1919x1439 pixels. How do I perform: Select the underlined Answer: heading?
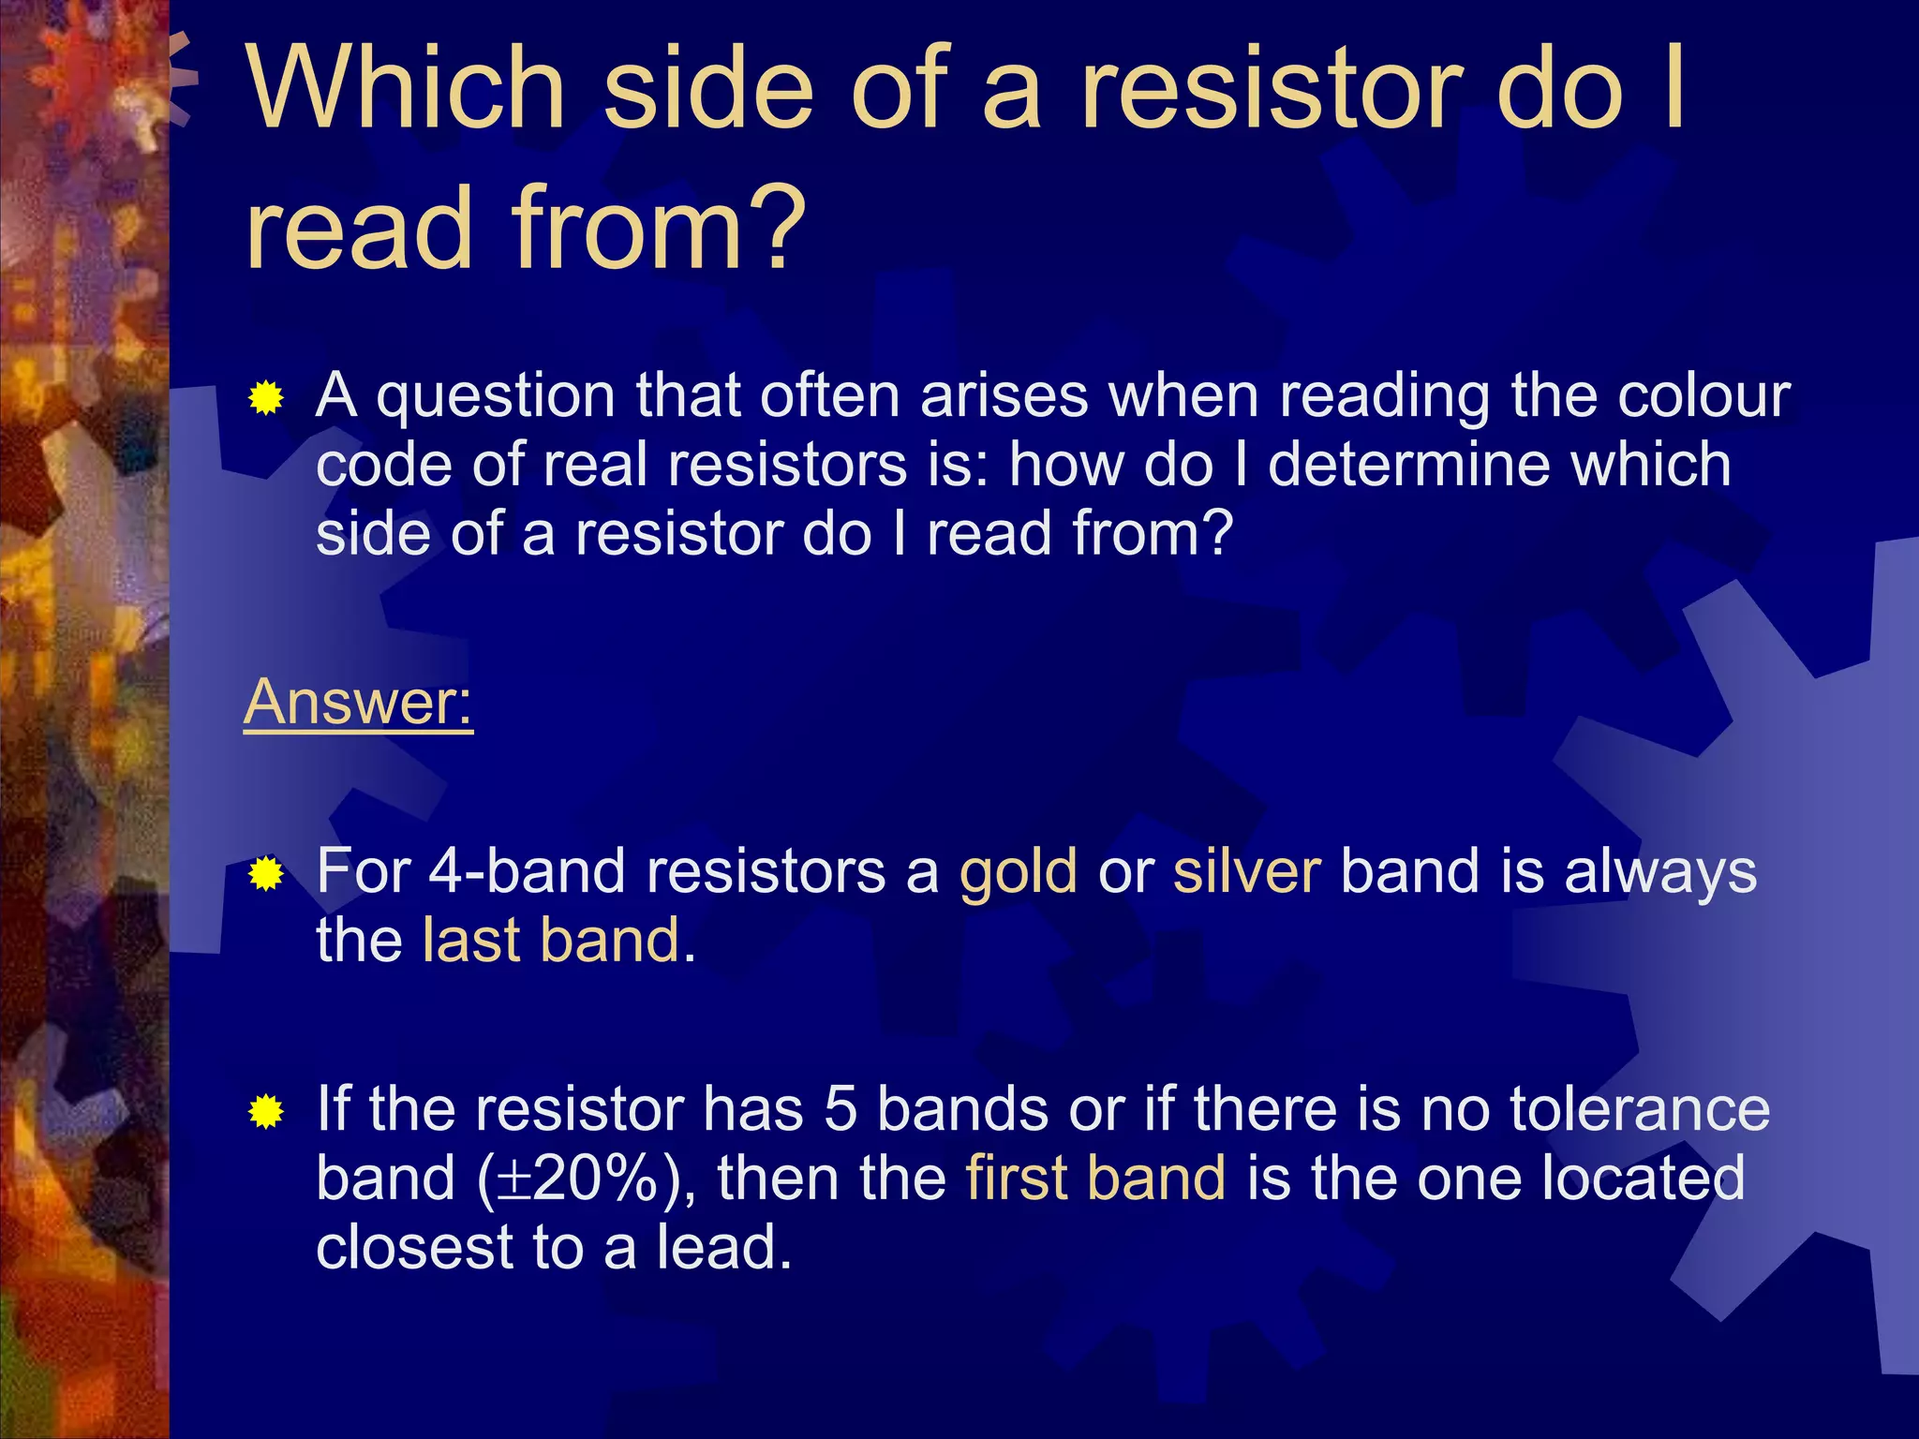click(358, 702)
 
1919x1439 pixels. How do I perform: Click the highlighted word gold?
click(1018, 872)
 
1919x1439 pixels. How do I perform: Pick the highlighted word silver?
click(1246, 871)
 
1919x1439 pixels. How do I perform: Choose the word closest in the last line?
click(414, 1248)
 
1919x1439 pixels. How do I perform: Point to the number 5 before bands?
click(840, 1109)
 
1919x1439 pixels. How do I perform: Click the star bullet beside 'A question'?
click(266, 399)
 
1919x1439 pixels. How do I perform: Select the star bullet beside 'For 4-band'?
click(266, 875)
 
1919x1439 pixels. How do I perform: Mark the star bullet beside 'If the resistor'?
click(266, 1113)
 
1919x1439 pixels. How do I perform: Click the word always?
click(1659, 872)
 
